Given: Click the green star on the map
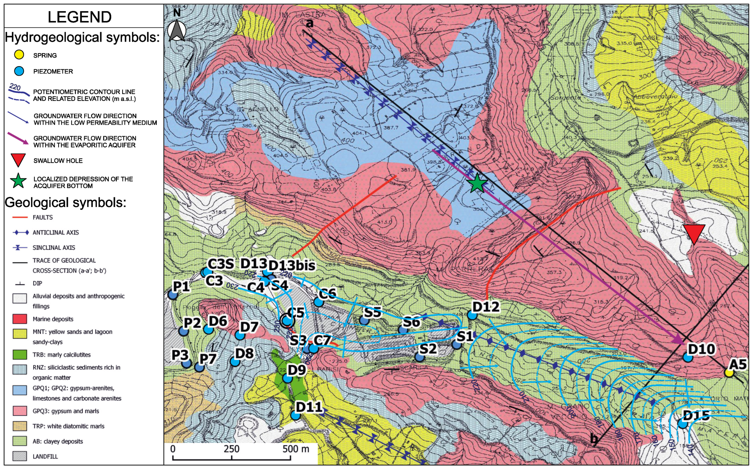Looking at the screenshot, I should [x=477, y=184].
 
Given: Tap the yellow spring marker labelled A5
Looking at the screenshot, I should [x=729, y=373].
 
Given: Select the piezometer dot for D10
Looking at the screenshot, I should [x=688, y=357].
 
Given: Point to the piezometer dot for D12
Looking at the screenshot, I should [x=472, y=315].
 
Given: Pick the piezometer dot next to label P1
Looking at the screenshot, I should [x=173, y=295].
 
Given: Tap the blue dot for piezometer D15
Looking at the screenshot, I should [x=683, y=424].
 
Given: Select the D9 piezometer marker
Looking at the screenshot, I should [x=288, y=378].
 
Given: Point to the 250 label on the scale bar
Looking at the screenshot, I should [x=231, y=449].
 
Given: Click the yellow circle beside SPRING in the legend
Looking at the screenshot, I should [x=19, y=55].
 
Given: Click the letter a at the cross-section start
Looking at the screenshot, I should [x=309, y=23].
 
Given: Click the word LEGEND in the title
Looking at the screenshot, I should [x=79, y=17].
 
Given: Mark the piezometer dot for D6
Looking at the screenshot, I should [x=208, y=329].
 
